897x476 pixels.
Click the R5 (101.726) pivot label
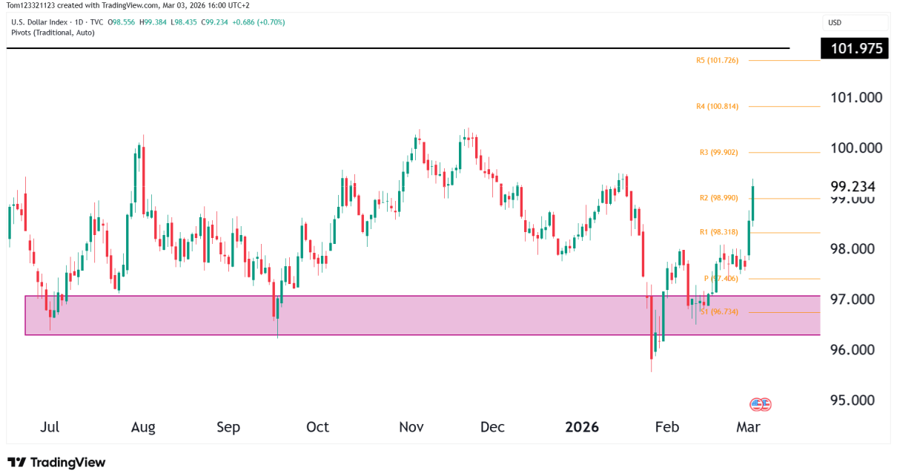pyautogui.click(x=722, y=60)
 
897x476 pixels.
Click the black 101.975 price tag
pyautogui.click(x=854, y=49)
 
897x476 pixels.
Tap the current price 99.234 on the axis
pyautogui.click(x=854, y=186)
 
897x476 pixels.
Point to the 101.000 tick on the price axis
pyautogui.click(x=856, y=98)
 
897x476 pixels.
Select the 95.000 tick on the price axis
pyautogui.click(x=856, y=400)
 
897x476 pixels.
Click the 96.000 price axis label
pyautogui.click(x=856, y=350)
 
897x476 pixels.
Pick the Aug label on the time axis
pyautogui.click(x=143, y=427)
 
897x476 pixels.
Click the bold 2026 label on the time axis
pyautogui.click(x=581, y=427)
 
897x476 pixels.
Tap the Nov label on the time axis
pyautogui.click(x=411, y=427)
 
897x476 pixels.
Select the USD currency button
pyautogui.click(x=835, y=22)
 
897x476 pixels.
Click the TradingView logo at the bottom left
pyautogui.click(x=56, y=462)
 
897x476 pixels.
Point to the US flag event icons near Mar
pyautogui.click(x=761, y=405)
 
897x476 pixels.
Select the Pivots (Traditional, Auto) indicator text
pyautogui.click(x=53, y=33)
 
